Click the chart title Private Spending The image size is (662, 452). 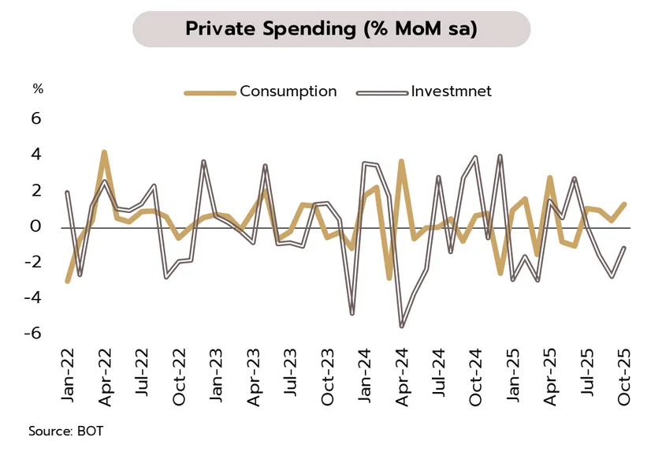click(331, 29)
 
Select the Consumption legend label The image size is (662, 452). click(288, 92)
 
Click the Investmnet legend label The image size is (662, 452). click(451, 92)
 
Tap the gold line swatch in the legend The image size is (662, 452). click(210, 92)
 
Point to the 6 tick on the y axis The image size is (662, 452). click(35, 119)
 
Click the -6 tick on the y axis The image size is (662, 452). click(32, 334)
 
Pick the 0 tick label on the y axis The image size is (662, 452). click(35, 226)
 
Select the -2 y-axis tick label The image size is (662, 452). click(32, 262)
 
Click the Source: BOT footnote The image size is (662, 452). click(65, 431)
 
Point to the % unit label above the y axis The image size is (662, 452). click(37, 89)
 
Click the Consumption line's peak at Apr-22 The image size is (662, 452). click(104, 152)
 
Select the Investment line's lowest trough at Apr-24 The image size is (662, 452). click(401, 326)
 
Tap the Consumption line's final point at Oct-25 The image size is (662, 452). click(624, 204)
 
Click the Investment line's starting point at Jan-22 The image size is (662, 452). click(67, 192)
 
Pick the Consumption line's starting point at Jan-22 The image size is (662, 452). click(67, 280)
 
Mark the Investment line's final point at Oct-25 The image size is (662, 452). click(624, 248)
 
